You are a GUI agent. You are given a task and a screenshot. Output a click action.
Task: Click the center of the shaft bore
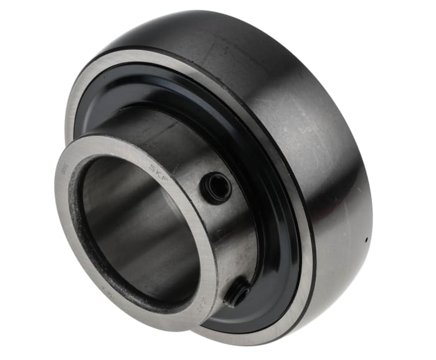[140, 230]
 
